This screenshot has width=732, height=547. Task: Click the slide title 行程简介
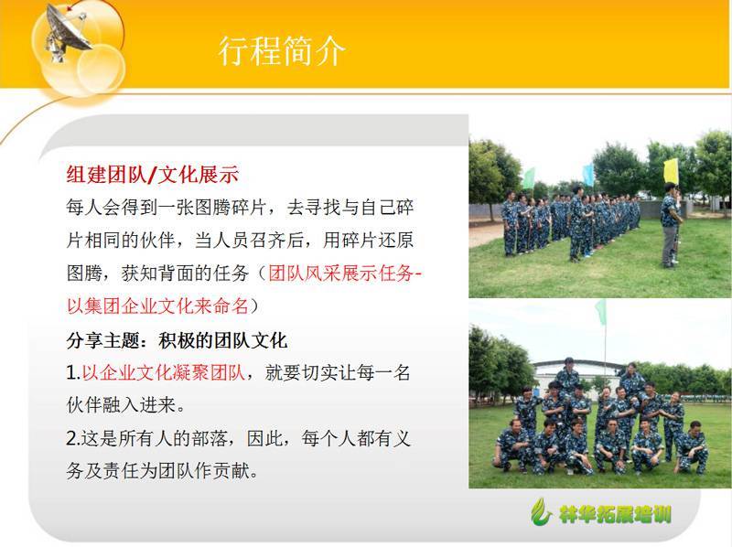282,50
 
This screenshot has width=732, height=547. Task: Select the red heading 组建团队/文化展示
153,174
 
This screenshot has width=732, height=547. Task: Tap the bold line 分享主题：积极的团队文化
177,340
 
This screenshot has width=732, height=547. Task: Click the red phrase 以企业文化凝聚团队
164,372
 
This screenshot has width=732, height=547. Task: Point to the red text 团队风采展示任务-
345,273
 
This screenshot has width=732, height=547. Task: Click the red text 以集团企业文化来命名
157,306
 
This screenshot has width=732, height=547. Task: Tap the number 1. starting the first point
74,372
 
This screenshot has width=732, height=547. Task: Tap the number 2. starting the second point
74,438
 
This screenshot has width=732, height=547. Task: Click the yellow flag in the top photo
671,171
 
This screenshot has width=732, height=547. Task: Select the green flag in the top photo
529,178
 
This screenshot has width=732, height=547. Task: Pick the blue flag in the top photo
588,175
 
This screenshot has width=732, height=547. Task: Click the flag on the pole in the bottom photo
601,312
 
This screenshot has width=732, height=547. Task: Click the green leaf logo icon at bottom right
542,511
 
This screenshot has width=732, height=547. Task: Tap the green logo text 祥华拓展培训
615,514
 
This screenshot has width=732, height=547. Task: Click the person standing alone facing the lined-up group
671,225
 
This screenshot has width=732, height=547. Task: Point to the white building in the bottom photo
577,376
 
